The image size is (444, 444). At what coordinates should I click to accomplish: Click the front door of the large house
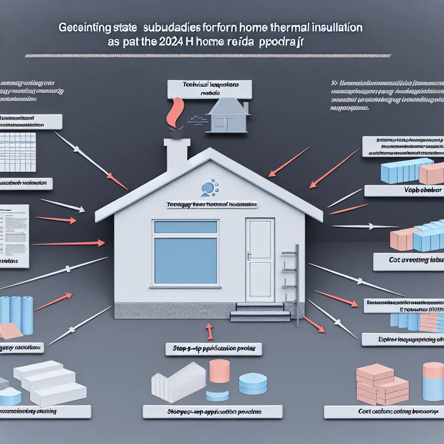pos(260,260)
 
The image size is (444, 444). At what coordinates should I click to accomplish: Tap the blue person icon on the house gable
pos(208,188)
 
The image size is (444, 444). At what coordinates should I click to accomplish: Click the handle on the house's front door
pos(250,257)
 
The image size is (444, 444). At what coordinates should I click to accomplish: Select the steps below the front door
pos(259,312)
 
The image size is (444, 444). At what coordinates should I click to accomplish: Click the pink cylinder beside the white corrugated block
pos(219,371)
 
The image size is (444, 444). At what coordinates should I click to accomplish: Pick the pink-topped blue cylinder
pos(433,382)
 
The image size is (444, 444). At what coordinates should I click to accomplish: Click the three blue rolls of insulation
pos(16,314)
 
